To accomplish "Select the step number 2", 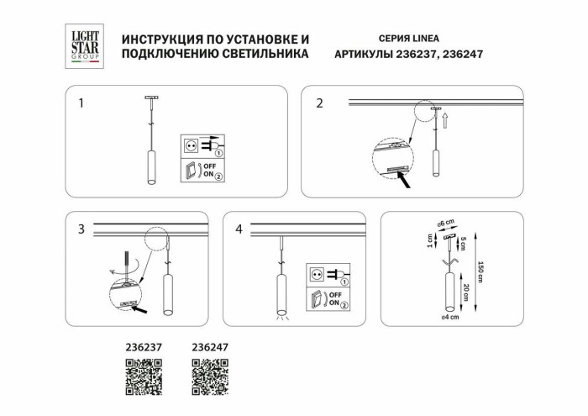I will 319,104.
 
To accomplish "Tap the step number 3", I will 81,229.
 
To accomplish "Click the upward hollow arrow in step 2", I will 447,122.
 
